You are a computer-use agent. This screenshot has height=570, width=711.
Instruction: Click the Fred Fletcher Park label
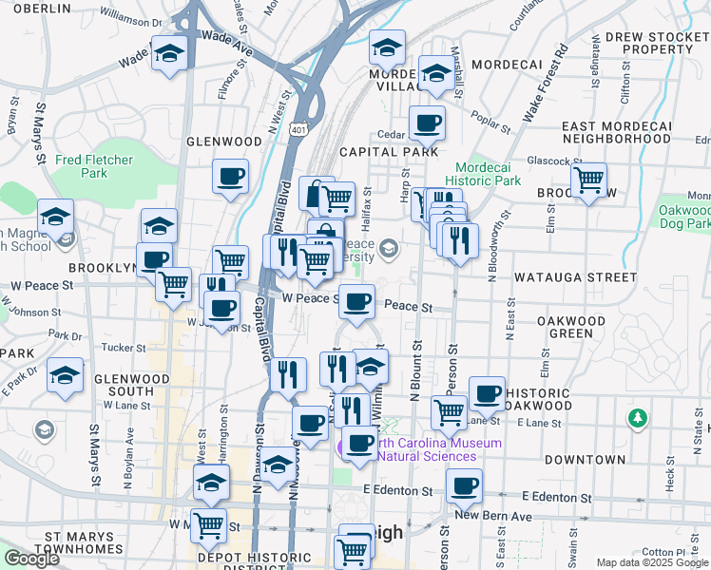point(94,166)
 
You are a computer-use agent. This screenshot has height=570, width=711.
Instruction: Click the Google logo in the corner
point(31,559)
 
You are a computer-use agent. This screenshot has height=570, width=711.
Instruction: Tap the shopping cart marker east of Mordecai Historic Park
point(589,179)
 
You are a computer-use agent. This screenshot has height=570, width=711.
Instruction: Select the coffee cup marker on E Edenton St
point(464,486)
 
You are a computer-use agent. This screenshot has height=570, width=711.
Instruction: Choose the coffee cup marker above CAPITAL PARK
point(427,123)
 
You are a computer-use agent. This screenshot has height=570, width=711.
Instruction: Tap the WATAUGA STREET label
point(575,277)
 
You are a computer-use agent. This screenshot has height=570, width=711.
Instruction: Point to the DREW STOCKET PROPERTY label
point(650,43)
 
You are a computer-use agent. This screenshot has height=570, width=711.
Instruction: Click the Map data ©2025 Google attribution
point(652,562)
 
